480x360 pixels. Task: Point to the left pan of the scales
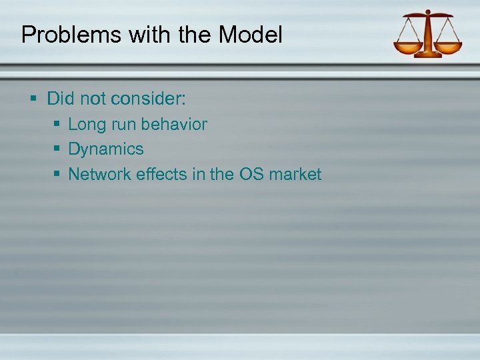point(407,47)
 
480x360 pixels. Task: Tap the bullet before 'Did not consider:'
point(34,99)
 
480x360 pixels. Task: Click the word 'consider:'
point(149,99)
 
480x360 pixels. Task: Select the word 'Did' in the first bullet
point(61,99)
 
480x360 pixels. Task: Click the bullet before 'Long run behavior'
point(57,125)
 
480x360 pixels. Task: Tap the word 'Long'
point(85,125)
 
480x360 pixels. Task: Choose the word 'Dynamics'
point(106,149)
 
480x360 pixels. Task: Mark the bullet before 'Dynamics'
point(57,149)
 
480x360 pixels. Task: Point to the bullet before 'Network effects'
point(57,175)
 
